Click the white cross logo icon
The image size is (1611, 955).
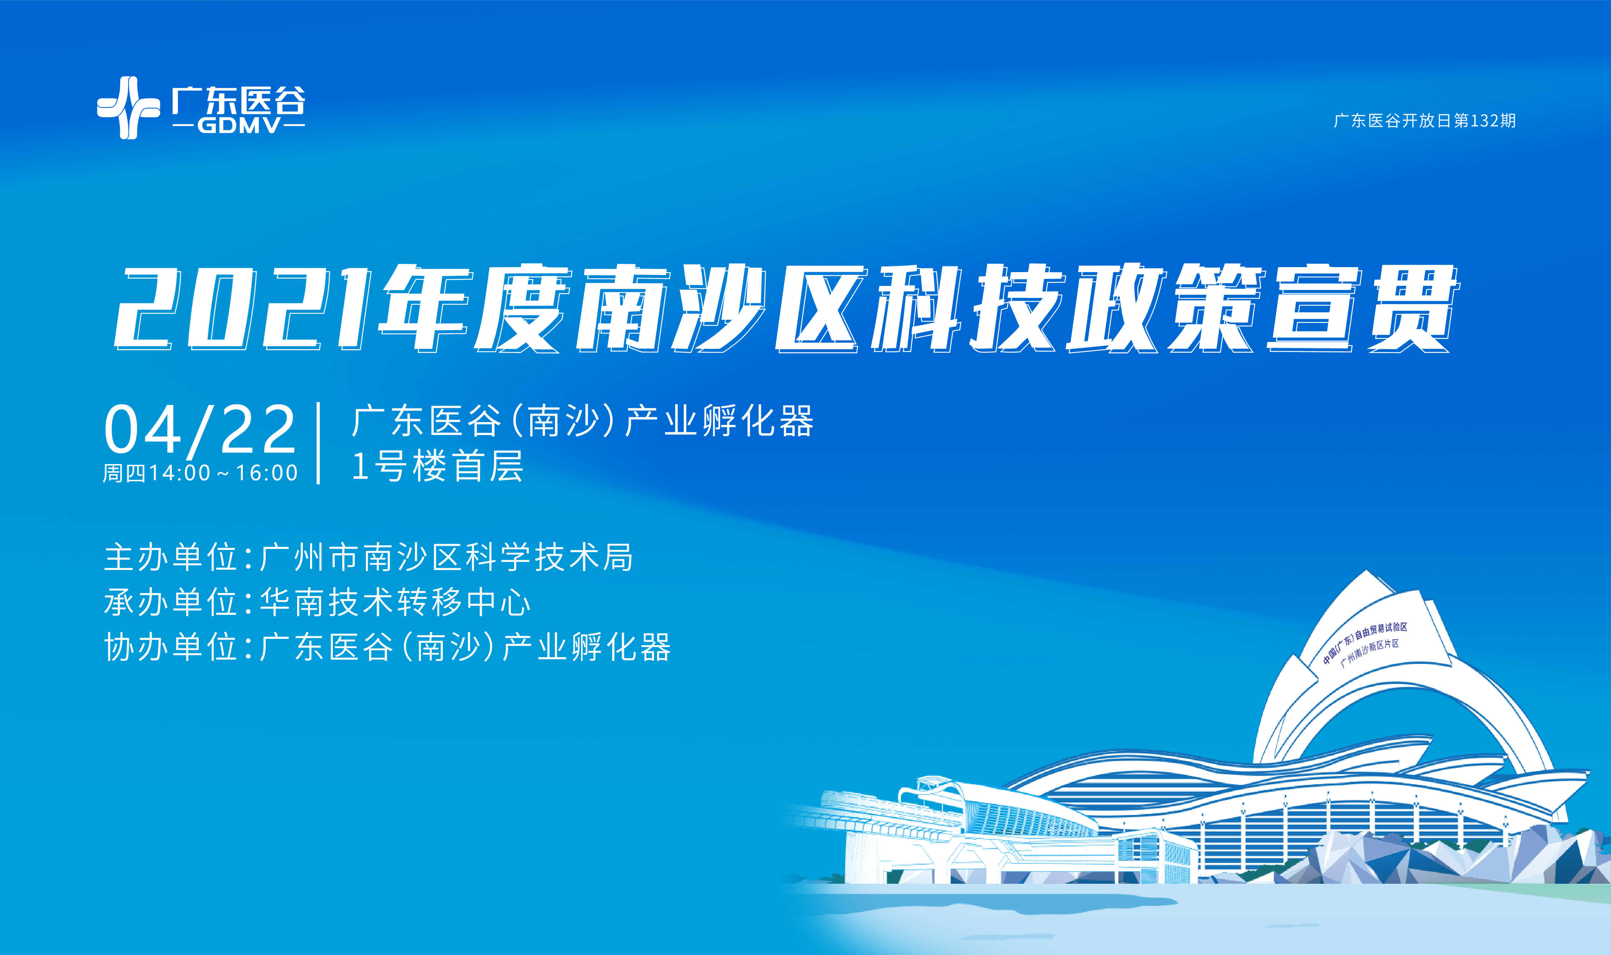click(128, 107)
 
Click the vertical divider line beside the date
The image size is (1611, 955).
click(319, 443)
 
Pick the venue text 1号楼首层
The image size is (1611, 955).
click(437, 466)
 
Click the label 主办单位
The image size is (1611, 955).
click(170, 557)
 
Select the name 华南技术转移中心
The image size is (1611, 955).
click(395, 602)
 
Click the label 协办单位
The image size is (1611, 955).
click(170, 647)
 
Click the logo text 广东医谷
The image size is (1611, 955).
click(238, 100)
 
